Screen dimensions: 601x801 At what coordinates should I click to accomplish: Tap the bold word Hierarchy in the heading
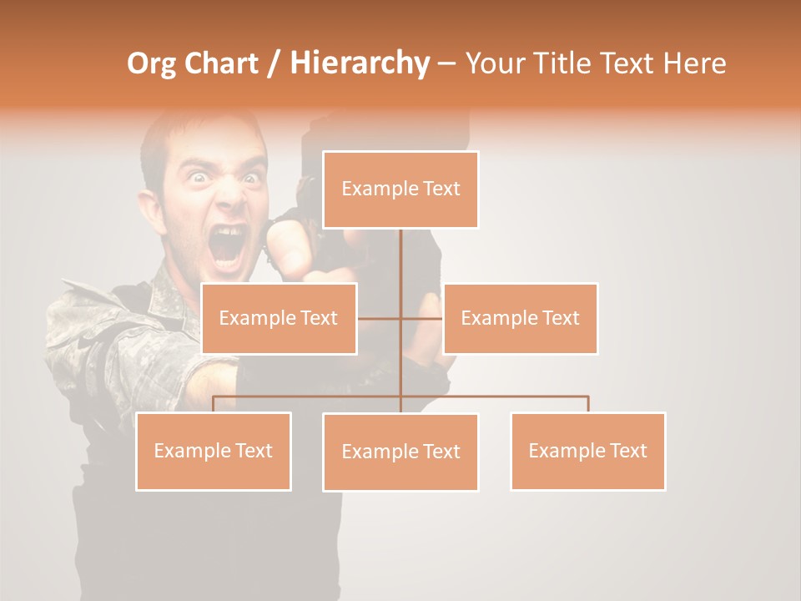[360, 63]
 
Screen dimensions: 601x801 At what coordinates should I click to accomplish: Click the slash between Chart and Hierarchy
[274, 63]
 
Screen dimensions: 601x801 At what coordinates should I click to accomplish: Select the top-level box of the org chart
[400, 189]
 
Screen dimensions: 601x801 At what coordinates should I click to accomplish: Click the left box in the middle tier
[279, 318]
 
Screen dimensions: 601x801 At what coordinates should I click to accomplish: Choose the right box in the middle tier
[521, 318]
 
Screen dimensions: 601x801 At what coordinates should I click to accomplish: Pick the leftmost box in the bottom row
[214, 451]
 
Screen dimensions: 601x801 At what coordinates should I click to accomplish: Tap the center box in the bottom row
[400, 452]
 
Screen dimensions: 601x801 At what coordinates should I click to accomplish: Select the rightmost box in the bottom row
[588, 451]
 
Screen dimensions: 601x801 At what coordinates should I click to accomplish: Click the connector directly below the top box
[401, 259]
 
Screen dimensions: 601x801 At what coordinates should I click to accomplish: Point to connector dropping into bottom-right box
[588, 403]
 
